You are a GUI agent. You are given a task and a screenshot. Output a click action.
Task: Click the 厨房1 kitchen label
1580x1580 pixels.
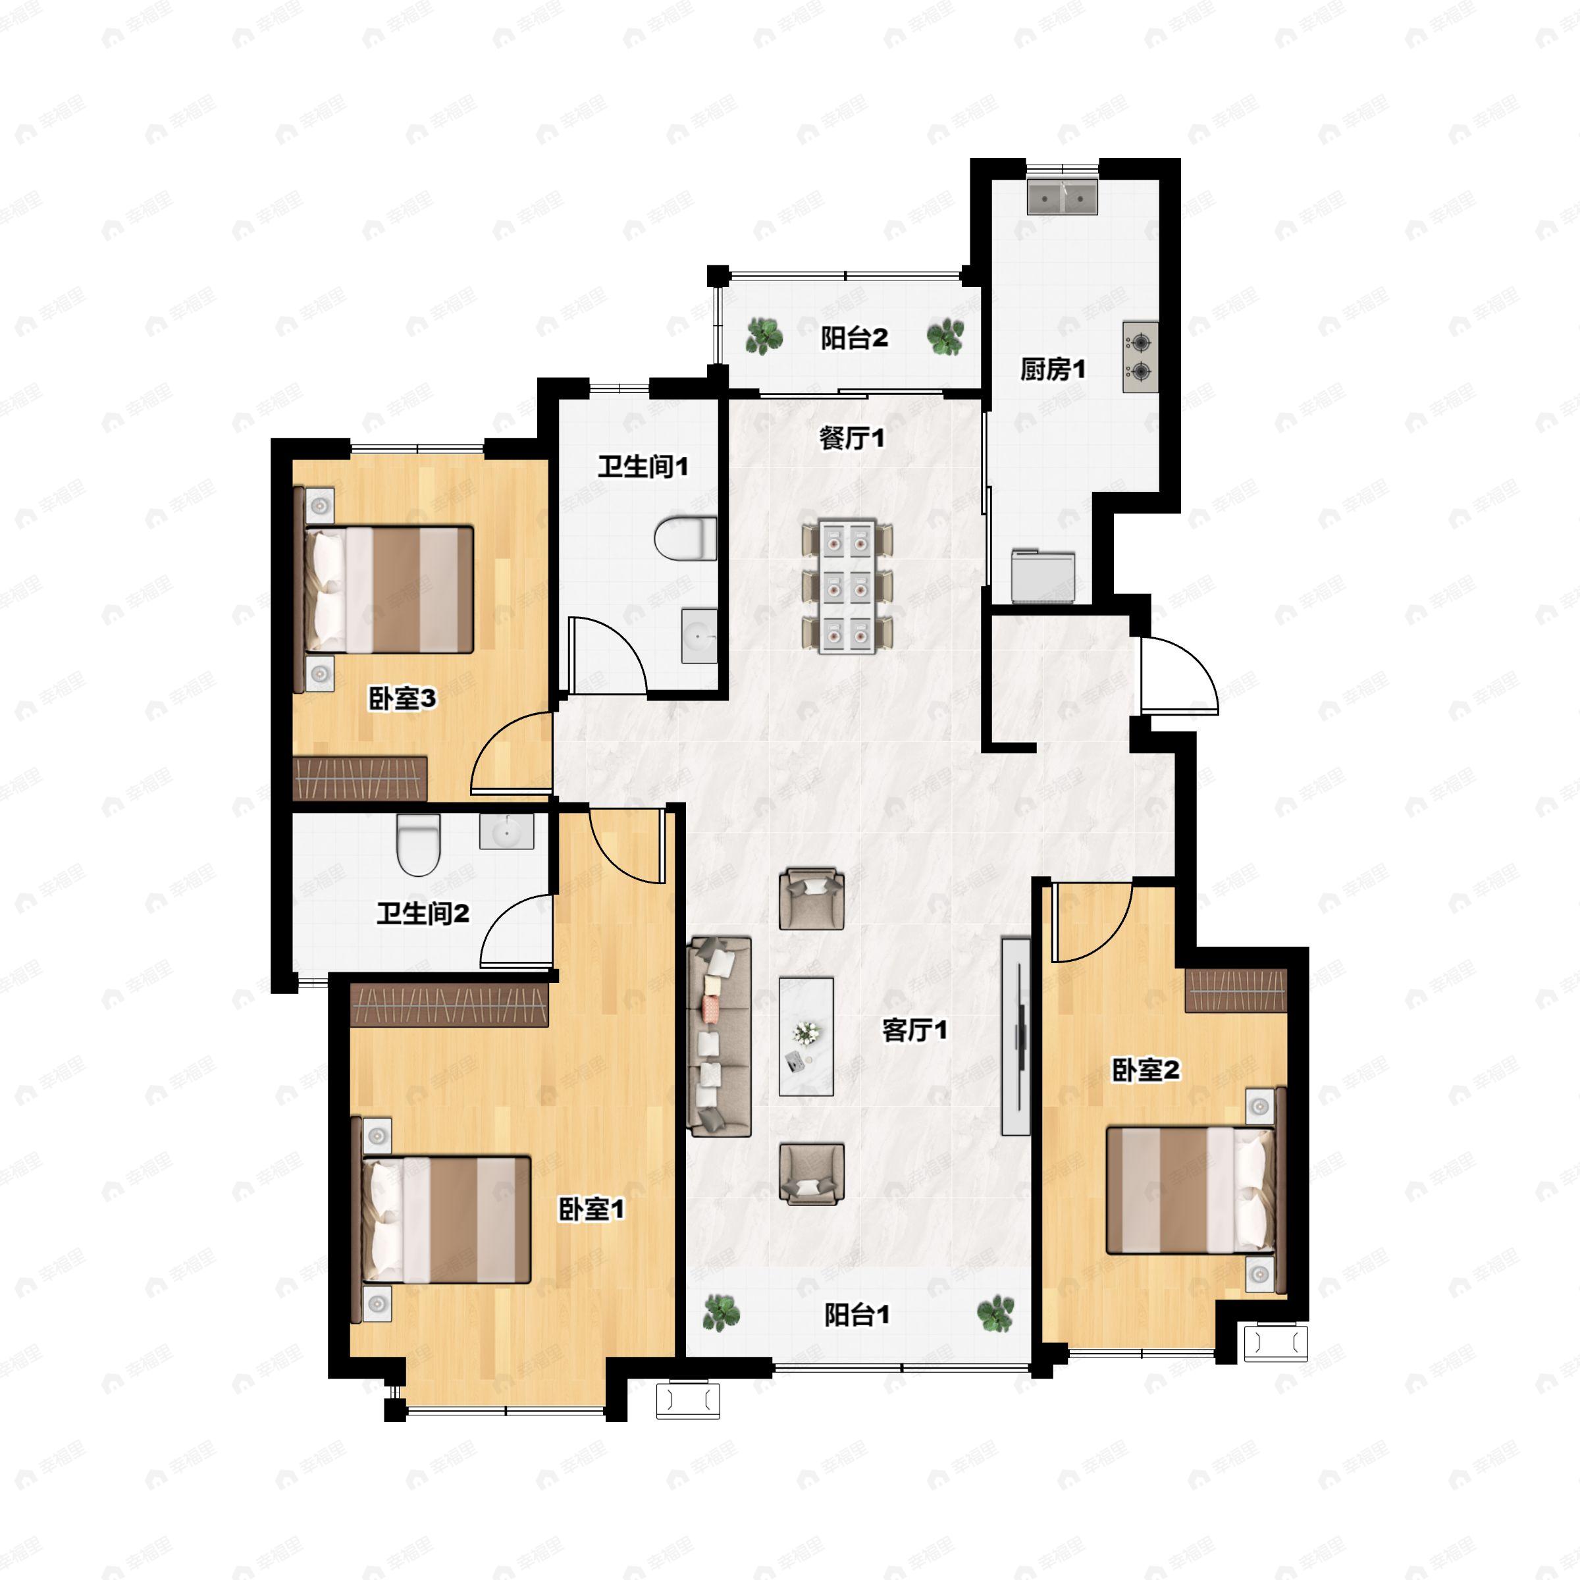[x=1053, y=369]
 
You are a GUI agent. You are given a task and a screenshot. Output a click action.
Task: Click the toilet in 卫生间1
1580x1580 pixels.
[x=685, y=537]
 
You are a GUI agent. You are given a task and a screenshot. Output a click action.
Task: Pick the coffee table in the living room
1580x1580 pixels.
[x=806, y=1036]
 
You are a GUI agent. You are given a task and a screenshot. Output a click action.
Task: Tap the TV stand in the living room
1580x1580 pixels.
[x=1016, y=1036]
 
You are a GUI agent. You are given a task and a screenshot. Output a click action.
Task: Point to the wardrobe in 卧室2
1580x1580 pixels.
[x=1236, y=990]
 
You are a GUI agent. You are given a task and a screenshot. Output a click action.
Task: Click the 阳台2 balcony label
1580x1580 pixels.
[x=854, y=338]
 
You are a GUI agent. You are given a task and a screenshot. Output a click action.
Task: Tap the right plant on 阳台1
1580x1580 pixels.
[x=995, y=1313]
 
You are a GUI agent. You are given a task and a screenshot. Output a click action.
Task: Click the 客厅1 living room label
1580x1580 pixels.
[x=914, y=1030]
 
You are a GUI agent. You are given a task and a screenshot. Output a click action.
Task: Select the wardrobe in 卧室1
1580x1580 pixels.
[x=449, y=1004]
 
